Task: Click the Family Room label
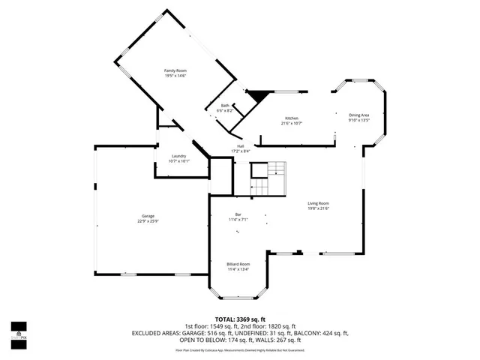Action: click(175, 70)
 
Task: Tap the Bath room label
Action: click(225, 106)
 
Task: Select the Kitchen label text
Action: click(291, 118)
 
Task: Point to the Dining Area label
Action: click(358, 115)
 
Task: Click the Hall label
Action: click(240, 145)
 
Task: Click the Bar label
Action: click(238, 214)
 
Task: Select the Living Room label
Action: click(318, 203)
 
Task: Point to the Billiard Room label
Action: click(238, 264)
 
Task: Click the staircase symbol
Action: click(268, 178)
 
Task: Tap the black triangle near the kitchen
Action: click(258, 96)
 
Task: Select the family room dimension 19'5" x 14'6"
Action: click(175, 76)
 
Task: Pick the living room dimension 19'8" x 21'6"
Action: click(318, 208)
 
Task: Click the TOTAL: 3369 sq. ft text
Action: click(240, 319)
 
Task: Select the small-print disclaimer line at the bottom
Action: click(240, 349)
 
